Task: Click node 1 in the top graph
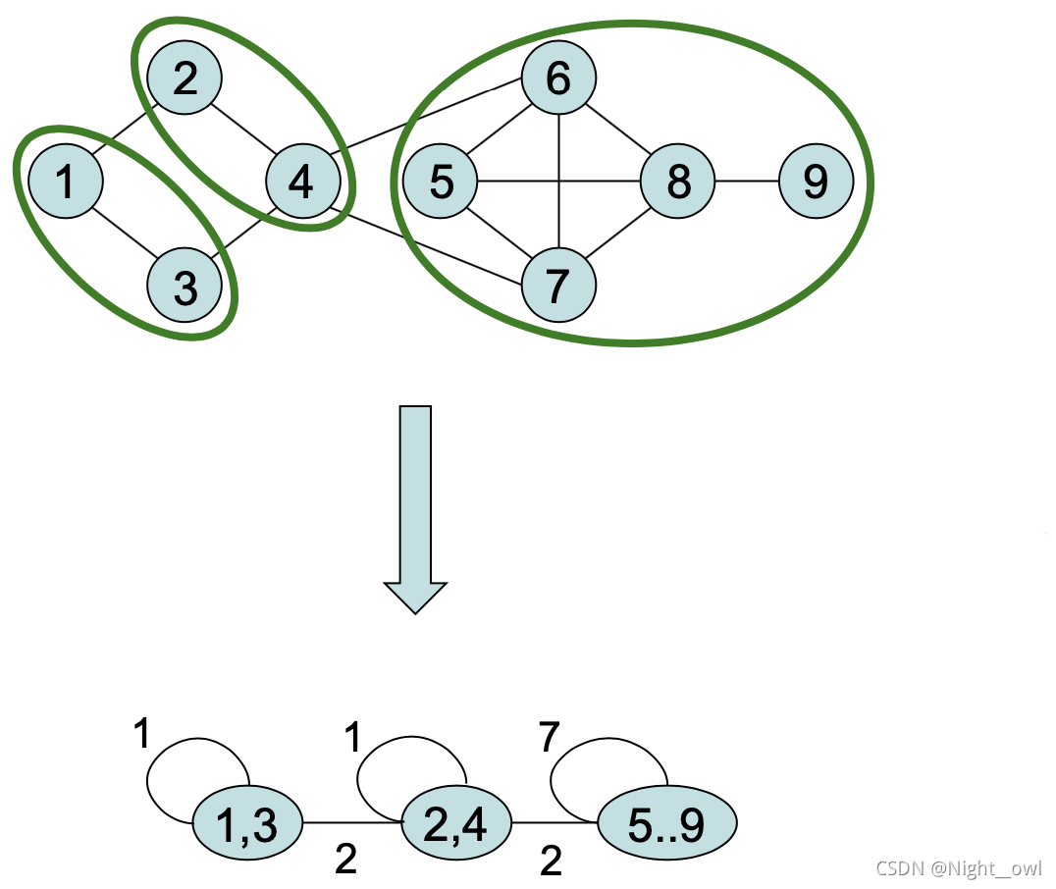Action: (x=66, y=182)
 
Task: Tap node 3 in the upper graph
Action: (x=185, y=288)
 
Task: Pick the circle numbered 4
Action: (x=303, y=182)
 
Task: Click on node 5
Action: (x=441, y=182)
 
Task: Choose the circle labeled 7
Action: (x=558, y=286)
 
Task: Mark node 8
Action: (x=677, y=182)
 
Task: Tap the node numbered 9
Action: (x=816, y=182)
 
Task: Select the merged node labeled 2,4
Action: (x=457, y=823)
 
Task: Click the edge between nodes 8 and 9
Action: (x=747, y=182)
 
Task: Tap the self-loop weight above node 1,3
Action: (x=142, y=733)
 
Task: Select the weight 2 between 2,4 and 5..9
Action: (x=551, y=862)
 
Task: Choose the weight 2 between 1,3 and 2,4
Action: (x=344, y=860)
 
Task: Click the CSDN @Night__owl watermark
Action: (x=959, y=868)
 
